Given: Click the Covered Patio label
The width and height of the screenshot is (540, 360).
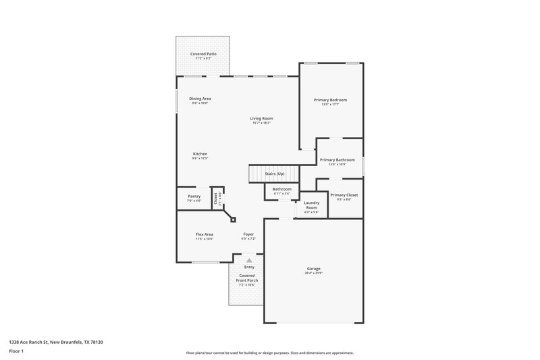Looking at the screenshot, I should [x=203, y=53].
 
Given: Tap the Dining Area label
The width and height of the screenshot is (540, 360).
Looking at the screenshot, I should [x=200, y=99].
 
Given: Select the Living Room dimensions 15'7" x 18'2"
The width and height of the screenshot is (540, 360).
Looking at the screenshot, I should [x=261, y=123].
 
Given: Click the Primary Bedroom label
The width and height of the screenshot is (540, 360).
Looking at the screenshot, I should [x=330, y=100].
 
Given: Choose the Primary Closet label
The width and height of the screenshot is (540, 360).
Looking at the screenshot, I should [x=344, y=195].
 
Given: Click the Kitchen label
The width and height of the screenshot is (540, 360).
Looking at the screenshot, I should [x=200, y=154].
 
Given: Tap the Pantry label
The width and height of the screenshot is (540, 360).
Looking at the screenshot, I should [x=194, y=196].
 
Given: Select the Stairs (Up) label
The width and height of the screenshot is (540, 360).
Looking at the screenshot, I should [x=275, y=174].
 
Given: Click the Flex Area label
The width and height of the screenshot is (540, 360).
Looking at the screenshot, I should [x=205, y=234].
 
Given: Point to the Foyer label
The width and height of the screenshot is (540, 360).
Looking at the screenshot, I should [x=249, y=234].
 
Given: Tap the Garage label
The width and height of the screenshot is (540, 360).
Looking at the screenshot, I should [x=313, y=268].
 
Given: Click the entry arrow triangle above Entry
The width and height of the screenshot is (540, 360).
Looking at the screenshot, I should [x=249, y=259].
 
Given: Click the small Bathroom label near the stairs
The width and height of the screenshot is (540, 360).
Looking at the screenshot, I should [x=281, y=189].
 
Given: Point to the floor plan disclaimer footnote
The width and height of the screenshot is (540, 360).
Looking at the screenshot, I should [x=269, y=353].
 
